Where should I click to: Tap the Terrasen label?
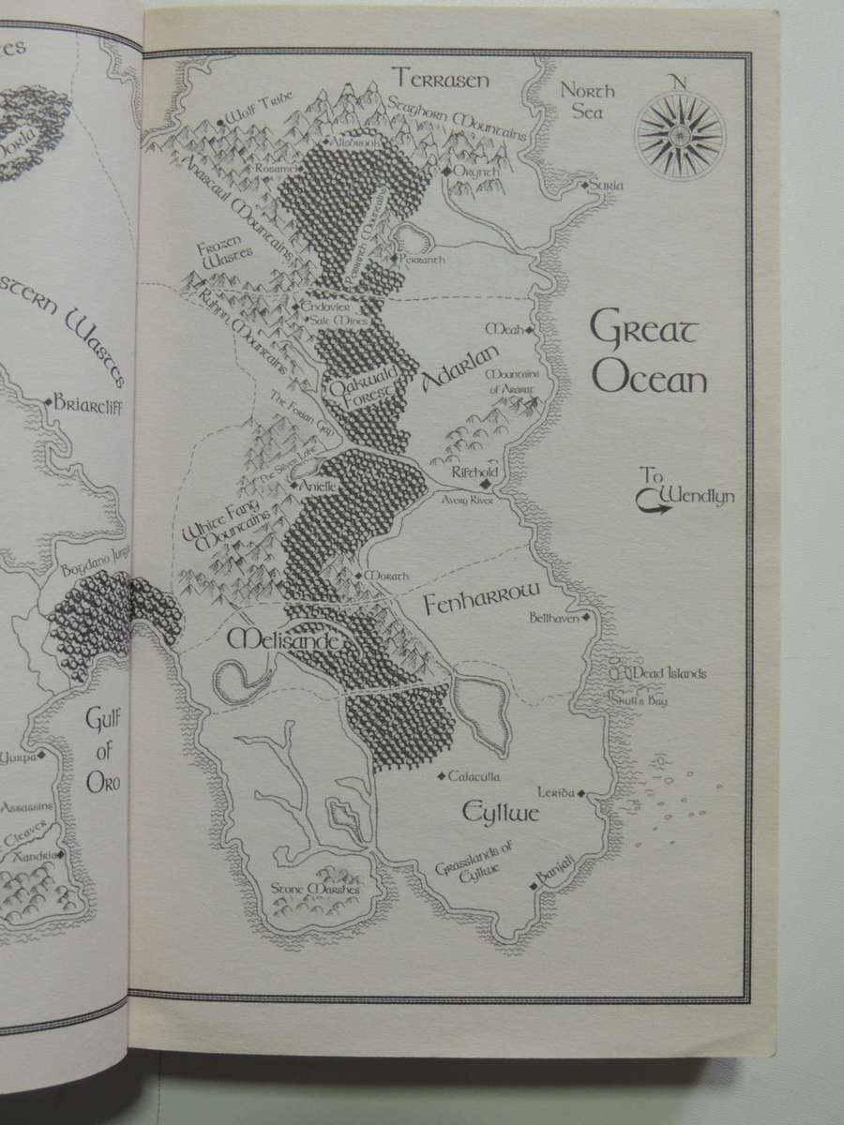[x=441, y=79]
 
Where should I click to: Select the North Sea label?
[x=588, y=101]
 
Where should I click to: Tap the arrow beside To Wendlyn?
[x=651, y=506]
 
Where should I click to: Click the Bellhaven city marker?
[x=586, y=618]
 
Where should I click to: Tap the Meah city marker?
[x=529, y=330]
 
